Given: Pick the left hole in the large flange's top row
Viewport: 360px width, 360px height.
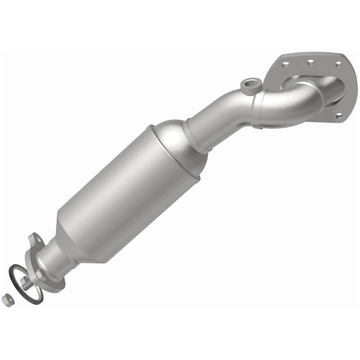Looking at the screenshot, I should point(285,64).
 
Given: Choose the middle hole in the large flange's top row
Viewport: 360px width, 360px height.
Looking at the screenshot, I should point(310,62).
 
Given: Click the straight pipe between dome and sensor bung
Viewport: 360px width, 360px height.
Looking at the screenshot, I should point(215,117).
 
